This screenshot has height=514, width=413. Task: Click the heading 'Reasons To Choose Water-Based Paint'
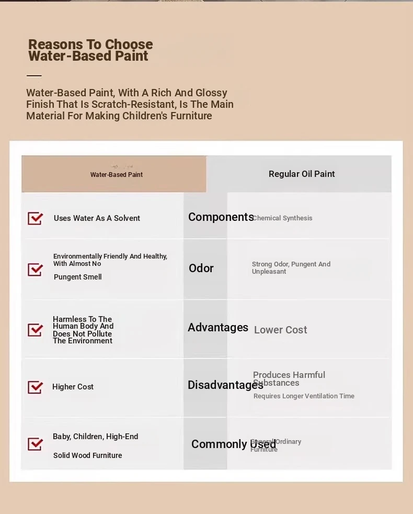click(90, 50)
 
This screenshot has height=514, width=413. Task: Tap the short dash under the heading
click(34, 76)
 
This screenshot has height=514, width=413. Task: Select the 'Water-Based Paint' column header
click(116, 174)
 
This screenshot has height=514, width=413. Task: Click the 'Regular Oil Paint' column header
click(302, 174)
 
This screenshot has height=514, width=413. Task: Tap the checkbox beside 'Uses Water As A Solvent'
click(35, 218)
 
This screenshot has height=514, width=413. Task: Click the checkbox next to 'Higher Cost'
click(35, 387)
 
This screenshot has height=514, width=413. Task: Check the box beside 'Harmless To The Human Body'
click(35, 330)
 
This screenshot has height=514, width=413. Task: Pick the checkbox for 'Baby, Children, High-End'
click(35, 444)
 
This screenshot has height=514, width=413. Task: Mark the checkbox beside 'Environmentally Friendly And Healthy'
click(35, 270)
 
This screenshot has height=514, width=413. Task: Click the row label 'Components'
click(221, 217)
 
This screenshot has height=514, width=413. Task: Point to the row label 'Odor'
click(201, 268)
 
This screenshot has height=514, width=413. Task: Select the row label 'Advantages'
click(218, 328)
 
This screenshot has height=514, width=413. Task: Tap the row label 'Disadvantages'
click(225, 385)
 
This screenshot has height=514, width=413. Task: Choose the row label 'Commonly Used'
click(233, 444)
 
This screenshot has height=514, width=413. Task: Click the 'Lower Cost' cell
click(280, 330)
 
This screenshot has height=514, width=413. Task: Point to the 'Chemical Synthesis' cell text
click(283, 218)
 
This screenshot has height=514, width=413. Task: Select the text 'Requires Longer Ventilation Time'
click(304, 396)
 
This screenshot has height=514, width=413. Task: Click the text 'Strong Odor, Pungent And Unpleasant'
click(291, 267)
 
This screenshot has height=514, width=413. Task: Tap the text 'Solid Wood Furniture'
click(87, 455)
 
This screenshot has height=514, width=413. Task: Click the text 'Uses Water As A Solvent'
click(97, 218)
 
